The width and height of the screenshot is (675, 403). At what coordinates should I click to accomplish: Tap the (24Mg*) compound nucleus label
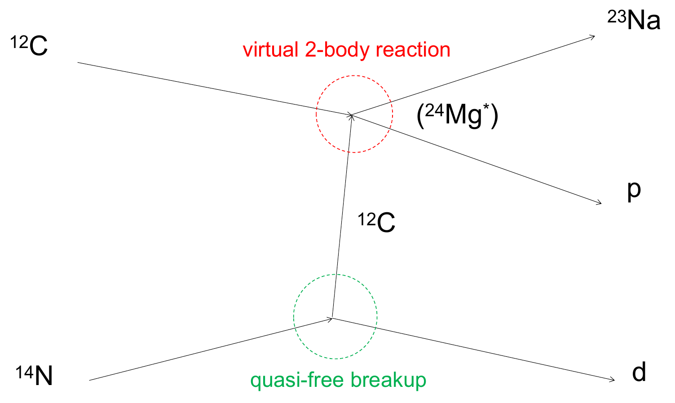(x=457, y=116)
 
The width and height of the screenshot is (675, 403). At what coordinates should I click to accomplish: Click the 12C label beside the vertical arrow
(x=376, y=222)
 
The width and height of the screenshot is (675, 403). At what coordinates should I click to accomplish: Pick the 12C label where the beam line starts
(x=29, y=45)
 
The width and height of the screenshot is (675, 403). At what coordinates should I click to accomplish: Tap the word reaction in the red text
(x=413, y=49)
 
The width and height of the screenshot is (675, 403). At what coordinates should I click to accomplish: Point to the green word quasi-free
(x=297, y=381)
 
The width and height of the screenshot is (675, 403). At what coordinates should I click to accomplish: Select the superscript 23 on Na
(x=617, y=17)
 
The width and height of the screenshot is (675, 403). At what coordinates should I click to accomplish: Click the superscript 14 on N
(x=24, y=372)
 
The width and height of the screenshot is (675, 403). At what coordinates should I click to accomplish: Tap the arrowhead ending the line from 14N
(x=330, y=319)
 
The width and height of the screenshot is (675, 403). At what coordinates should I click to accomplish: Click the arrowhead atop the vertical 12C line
(x=351, y=118)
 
